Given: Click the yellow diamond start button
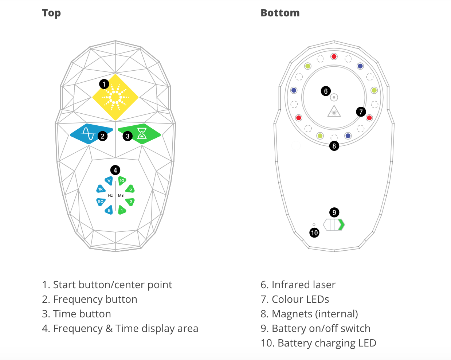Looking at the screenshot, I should pos(115,97).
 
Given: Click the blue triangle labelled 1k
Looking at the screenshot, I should pos(101,189).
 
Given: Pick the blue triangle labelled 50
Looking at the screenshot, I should pos(101,201).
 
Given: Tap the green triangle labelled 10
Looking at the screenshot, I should pos(122,180).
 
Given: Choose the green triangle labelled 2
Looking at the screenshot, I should pos(130,201).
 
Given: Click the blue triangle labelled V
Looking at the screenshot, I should pos(109,180).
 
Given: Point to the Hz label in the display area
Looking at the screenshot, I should pos(110,196).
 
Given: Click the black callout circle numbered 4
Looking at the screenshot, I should pos(115,170).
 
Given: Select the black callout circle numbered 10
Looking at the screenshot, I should pos(314,232).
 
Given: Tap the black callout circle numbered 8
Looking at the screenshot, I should pos(334,146).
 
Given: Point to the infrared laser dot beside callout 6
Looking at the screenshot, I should pos(334,97).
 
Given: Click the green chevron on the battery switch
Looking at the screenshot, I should pos(341,225).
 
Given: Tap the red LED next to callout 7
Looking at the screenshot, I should pos(369,118).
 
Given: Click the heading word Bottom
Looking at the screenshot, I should pos(280,13).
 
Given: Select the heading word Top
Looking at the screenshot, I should pos(51,13).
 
